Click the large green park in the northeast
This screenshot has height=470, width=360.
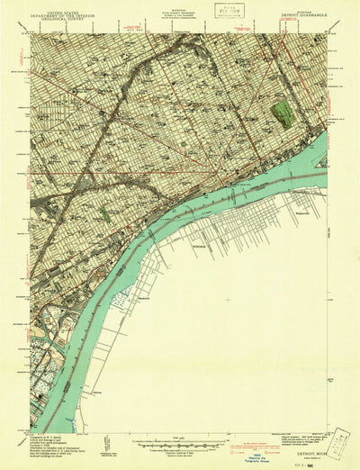(x=284, y=113)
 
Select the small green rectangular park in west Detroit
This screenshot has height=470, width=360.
(x=103, y=214)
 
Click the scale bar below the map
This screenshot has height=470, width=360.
(x=181, y=442)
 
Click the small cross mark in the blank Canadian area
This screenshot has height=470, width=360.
(x=226, y=301)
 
